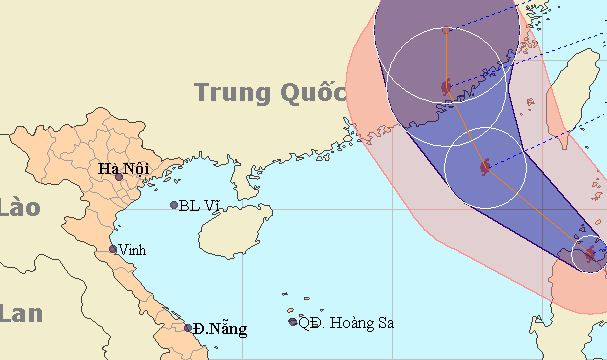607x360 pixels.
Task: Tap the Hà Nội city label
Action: (x=123, y=168)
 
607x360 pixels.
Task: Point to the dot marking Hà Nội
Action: (x=119, y=177)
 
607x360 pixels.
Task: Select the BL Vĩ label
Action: (x=198, y=205)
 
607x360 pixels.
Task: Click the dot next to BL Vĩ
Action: (x=173, y=205)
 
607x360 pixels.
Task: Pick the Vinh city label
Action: (x=131, y=249)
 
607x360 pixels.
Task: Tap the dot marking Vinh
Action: (x=112, y=249)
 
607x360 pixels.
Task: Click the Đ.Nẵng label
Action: (x=220, y=328)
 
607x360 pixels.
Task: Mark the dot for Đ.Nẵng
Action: (x=188, y=327)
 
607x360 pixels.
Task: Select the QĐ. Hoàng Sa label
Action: (x=347, y=322)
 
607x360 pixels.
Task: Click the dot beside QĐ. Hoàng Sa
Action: (x=293, y=322)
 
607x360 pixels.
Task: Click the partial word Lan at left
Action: (x=20, y=313)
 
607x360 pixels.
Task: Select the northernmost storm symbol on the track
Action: (x=446, y=90)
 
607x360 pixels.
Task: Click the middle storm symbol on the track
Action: (x=485, y=166)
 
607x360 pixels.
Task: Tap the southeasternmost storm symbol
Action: (x=589, y=254)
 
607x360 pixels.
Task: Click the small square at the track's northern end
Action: (x=446, y=30)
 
